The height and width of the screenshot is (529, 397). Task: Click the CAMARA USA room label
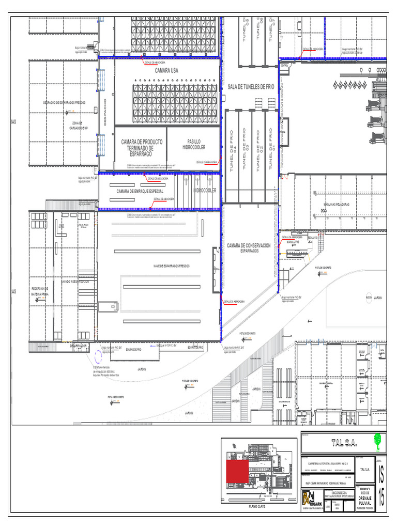pos(166,71)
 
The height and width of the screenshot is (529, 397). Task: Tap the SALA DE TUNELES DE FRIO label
pos(251,87)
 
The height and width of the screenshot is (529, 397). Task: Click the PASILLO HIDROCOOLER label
pos(194,144)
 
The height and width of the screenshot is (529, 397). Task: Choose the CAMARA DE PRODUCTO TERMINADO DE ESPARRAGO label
pos(142,148)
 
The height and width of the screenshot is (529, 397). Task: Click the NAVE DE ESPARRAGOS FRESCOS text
pos(171,266)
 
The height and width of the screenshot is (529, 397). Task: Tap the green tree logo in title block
pos(378,440)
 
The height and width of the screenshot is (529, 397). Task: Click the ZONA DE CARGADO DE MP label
pos(79,125)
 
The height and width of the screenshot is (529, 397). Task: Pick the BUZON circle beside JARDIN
pos(368,298)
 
